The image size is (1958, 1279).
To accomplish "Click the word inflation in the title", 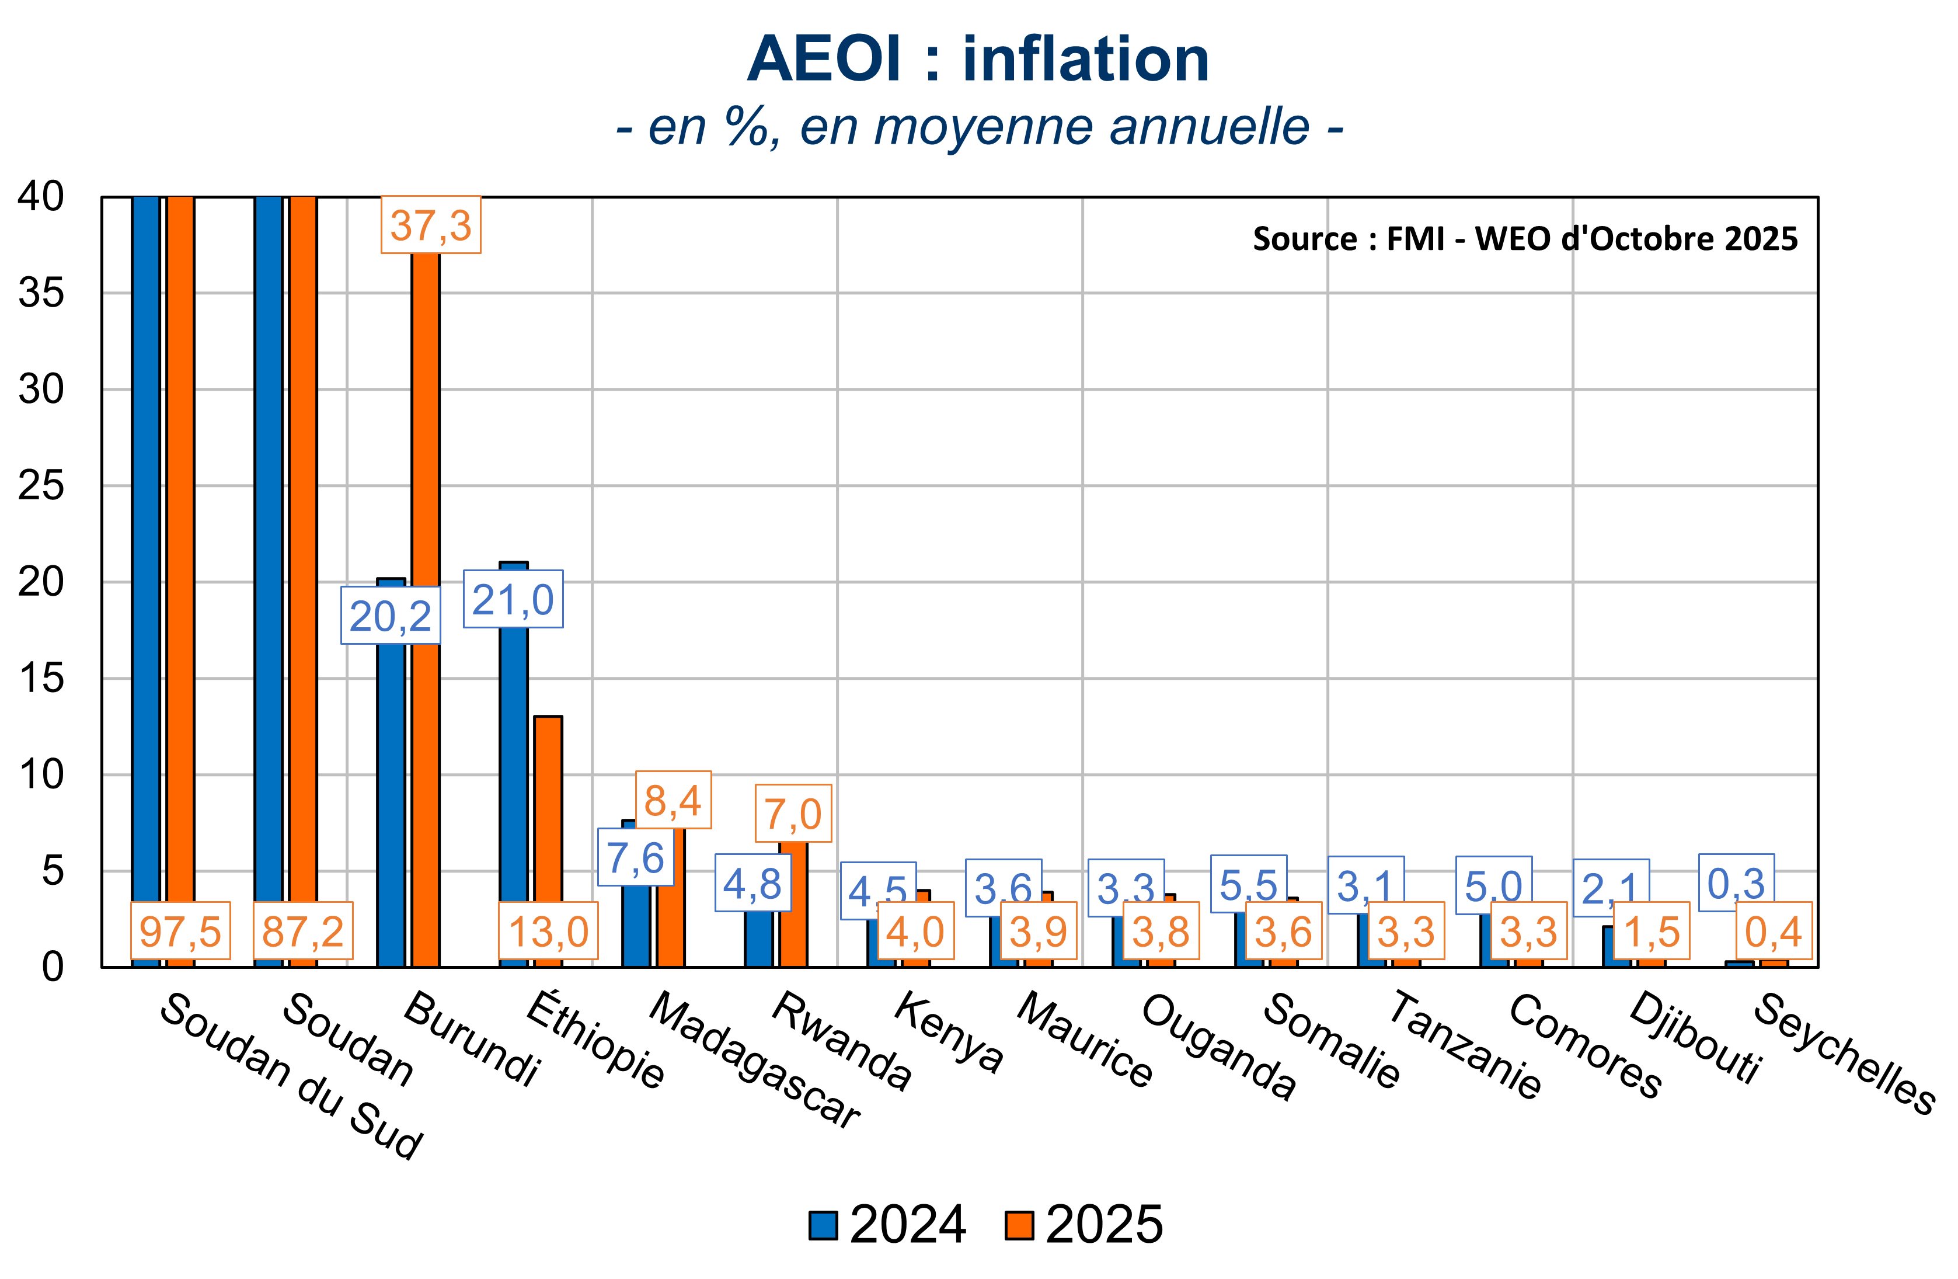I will pos(1086,59).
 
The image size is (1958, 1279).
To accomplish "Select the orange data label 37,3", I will pos(431,225).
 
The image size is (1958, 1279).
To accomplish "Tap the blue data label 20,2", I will pos(391,616).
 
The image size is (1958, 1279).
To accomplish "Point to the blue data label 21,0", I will pos(513,599).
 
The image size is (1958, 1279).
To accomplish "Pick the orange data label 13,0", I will pos(548,931).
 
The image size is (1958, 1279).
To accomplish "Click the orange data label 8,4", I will pos(673,800).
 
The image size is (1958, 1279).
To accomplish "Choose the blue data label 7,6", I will pos(635,857).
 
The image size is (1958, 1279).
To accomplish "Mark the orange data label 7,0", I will pos(794,813).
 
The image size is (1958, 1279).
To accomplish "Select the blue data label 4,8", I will pos(752,883).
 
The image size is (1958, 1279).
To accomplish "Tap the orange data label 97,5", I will pos(180,931).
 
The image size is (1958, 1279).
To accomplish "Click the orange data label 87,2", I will pos(303,931).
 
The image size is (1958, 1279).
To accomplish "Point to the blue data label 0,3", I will pos(1736,882).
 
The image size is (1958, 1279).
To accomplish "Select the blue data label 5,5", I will pos(1248,884).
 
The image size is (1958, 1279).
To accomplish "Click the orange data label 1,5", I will pos(1652,931).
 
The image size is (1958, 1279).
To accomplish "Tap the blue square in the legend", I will pos(823,1225).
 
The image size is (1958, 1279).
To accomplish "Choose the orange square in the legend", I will pos(1019,1225).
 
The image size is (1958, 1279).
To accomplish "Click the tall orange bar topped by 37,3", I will pos(426,576).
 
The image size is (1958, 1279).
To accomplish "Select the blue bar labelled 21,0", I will pos(513,782).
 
